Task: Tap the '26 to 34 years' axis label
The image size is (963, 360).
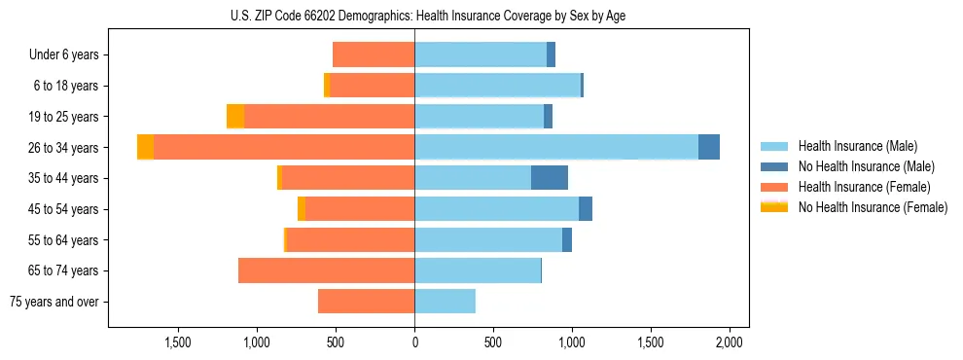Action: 64,148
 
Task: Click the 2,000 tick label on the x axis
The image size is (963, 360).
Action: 730,342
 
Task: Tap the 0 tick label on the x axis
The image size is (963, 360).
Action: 414,342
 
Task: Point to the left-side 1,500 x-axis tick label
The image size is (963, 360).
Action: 177,342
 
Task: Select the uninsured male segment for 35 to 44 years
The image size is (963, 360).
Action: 550,178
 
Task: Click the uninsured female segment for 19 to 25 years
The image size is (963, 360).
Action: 235,117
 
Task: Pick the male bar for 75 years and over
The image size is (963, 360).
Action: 446,302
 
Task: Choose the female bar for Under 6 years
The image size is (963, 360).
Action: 374,54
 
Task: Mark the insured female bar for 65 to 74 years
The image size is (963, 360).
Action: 327,270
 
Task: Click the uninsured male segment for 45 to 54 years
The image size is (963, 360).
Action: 586,209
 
